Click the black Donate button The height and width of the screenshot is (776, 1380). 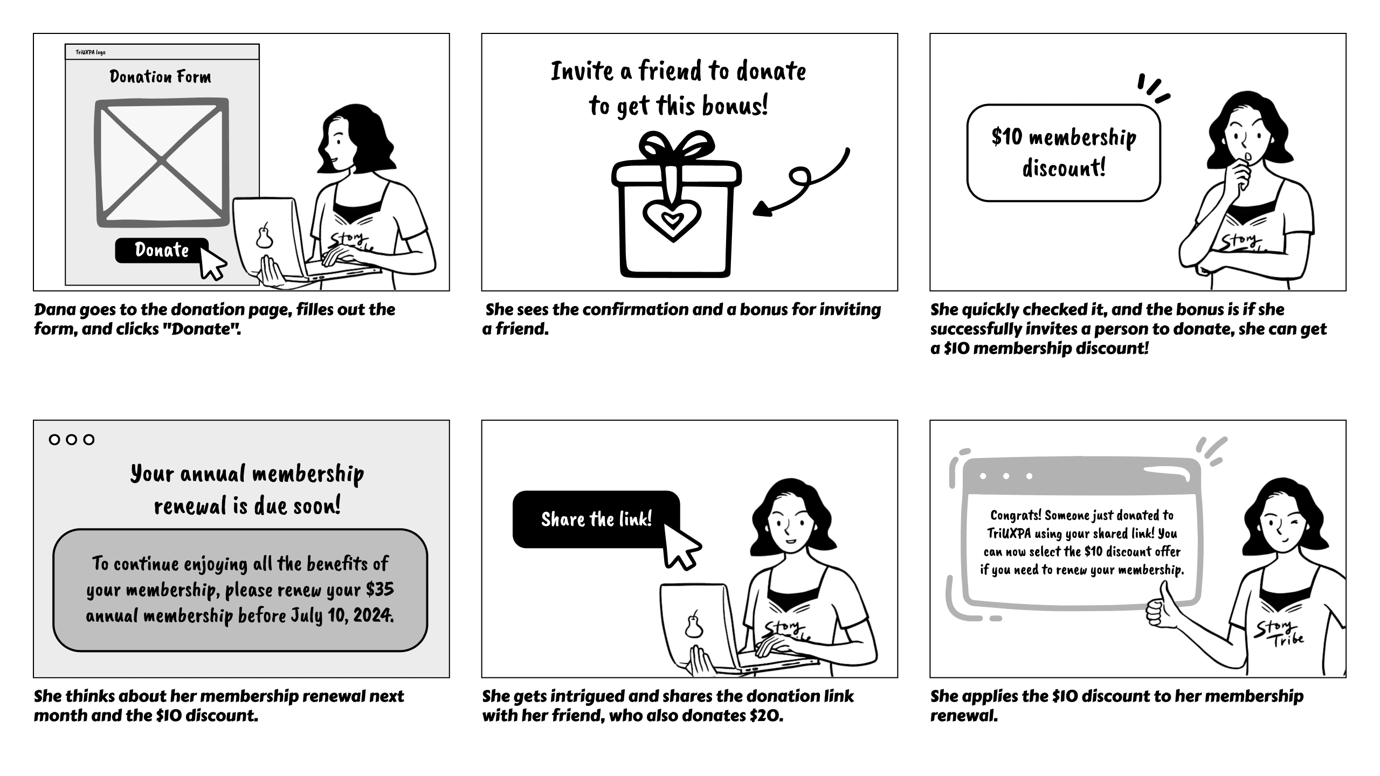(x=161, y=250)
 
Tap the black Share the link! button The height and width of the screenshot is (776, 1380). (x=596, y=519)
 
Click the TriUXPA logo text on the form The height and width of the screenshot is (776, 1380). (x=91, y=52)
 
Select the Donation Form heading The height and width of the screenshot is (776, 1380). (x=160, y=77)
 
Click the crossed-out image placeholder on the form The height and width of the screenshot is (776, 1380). (x=162, y=161)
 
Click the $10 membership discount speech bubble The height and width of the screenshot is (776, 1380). (x=1063, y=153)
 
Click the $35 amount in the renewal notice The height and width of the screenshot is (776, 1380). (x=380, y=590)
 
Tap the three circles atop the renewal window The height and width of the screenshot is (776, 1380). (x=71, y=439)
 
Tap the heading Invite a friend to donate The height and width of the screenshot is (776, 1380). (x=678, y=71)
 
